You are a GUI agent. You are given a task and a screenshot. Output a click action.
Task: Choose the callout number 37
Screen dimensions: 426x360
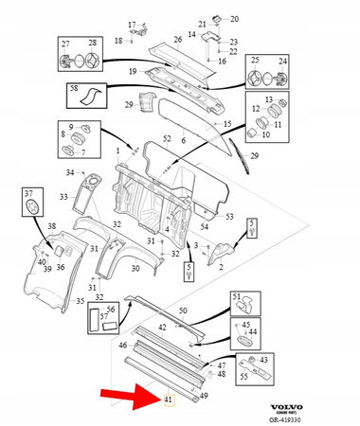click(28, 193)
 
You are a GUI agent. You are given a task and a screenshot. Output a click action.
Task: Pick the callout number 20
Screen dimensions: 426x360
click(234, 19)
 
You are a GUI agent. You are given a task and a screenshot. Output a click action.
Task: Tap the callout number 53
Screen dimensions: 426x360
click(227, 217)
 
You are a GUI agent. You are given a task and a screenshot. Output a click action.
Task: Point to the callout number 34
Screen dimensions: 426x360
click(70, 172)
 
